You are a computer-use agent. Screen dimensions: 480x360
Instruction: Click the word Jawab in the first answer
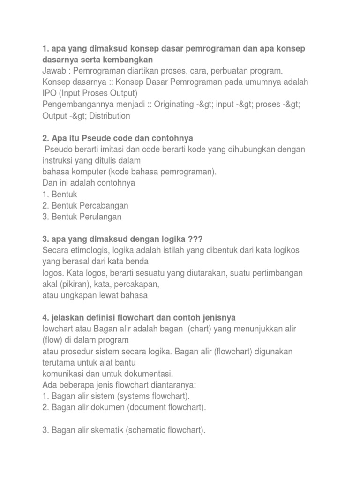point(54,71)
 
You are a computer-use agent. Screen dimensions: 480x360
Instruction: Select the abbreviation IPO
point(50,93)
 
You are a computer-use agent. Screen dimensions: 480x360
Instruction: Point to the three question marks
point(195,240)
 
